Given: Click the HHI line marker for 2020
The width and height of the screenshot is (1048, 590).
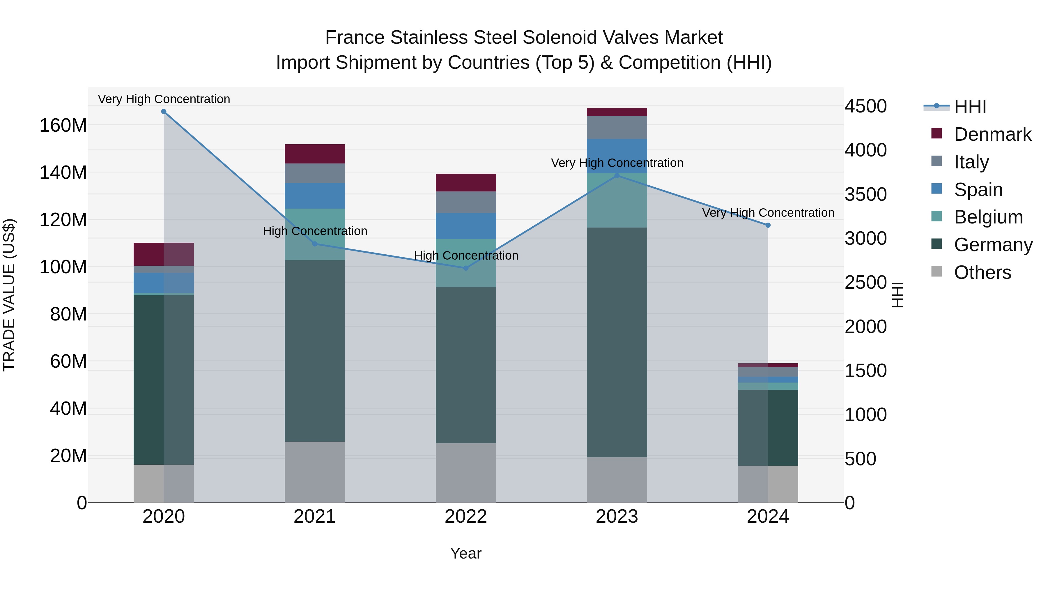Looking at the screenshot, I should click(x=164, y=112).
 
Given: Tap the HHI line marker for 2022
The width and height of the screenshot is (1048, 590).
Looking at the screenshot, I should click(x=466, y=268).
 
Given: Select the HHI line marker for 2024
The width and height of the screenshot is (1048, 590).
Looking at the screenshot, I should click(x=768, y=225).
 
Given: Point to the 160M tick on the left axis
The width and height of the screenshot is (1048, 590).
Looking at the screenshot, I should click(x=63, y=125).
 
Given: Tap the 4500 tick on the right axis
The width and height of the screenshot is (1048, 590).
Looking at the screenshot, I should click(x=865, y=106).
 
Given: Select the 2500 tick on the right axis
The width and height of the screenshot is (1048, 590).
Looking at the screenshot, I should click(x=865, y=283).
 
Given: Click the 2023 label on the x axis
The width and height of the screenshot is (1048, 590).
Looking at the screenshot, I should click(x=617, y=517).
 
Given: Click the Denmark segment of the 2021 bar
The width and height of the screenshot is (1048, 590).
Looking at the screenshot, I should click(x=314, y=154).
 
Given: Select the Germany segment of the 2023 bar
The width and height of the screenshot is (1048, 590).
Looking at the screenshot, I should click(x=617, y=342).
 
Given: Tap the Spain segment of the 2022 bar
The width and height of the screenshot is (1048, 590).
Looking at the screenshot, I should click(x=466, y=226).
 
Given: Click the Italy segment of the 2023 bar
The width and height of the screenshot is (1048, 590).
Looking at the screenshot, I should click(x=617, y=127).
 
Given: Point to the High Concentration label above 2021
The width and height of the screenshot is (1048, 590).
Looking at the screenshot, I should click(x=315, y=231).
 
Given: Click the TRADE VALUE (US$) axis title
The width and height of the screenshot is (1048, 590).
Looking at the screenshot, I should click(x=9, y=295).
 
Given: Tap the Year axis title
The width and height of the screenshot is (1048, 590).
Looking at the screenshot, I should click(x=466, y=553).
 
